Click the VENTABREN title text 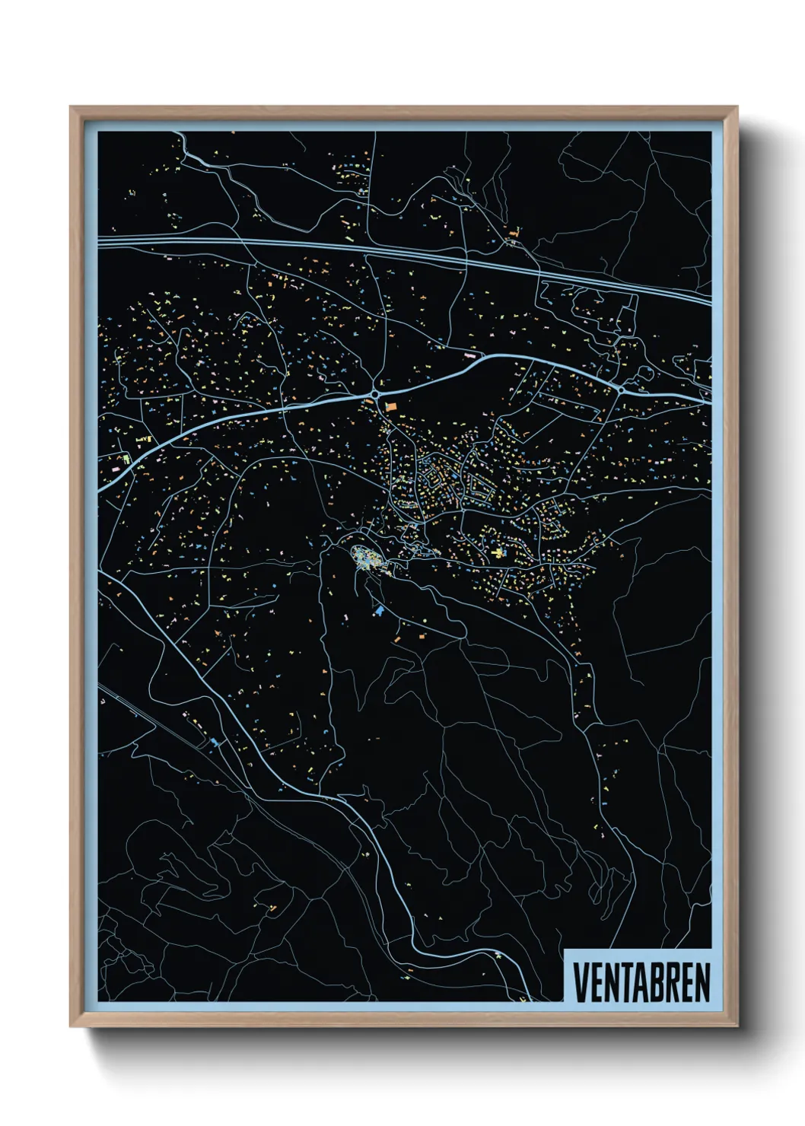point(641,982)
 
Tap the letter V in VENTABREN point(580,982)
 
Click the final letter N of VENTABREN point(702,982)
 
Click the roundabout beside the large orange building point(376,394)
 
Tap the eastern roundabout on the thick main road point(622,390)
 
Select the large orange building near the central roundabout point(391,407)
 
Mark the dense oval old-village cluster point(368,559)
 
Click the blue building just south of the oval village point(379,609)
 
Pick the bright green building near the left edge point(126,459)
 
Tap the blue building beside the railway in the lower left point(214,742)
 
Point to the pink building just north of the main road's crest point(469,354)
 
